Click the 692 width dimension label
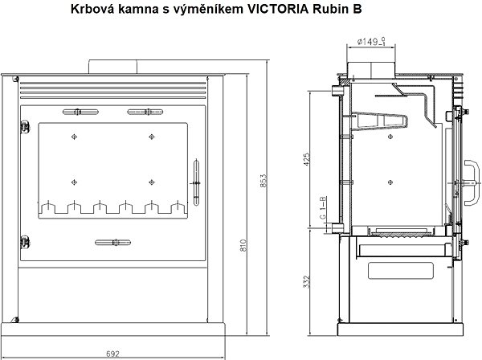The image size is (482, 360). (112, 354)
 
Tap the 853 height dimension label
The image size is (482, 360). (263, 181)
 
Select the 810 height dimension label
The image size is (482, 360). (243, 245)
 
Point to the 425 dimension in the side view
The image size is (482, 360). (307, 159)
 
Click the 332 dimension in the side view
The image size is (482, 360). (307, 281)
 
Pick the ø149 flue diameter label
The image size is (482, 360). (371, 41)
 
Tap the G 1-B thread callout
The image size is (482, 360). (323, 207)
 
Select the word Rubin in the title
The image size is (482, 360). (329, 9)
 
